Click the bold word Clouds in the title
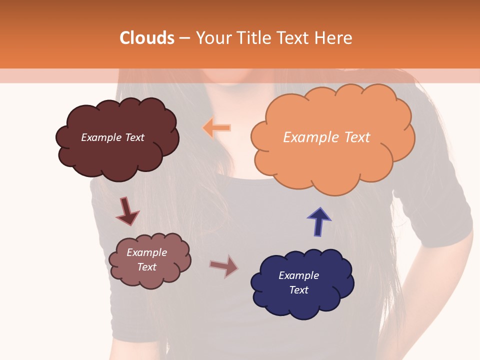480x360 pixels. [x=147, y=38]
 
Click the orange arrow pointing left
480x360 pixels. [x=217, y=128]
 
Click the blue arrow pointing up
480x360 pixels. [x=318, y=221]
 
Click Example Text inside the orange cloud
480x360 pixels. [x=326, y=137]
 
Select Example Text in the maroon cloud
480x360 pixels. [x=112, y=137]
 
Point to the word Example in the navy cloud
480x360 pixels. [x=298, y=275]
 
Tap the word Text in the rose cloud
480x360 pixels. [x=147, y=267]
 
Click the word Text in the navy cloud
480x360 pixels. [x=298, y=290]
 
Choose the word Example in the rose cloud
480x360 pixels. [x=146, y=252]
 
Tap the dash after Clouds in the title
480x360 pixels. [x=183, y=38]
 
